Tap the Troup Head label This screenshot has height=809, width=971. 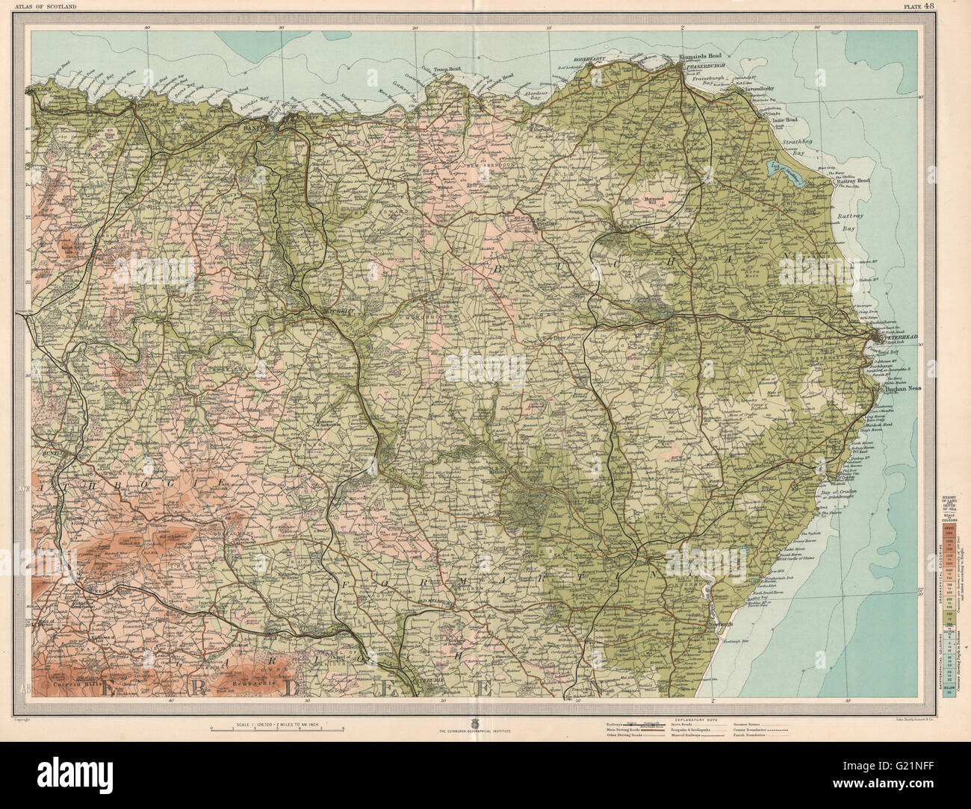pos(446,68)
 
